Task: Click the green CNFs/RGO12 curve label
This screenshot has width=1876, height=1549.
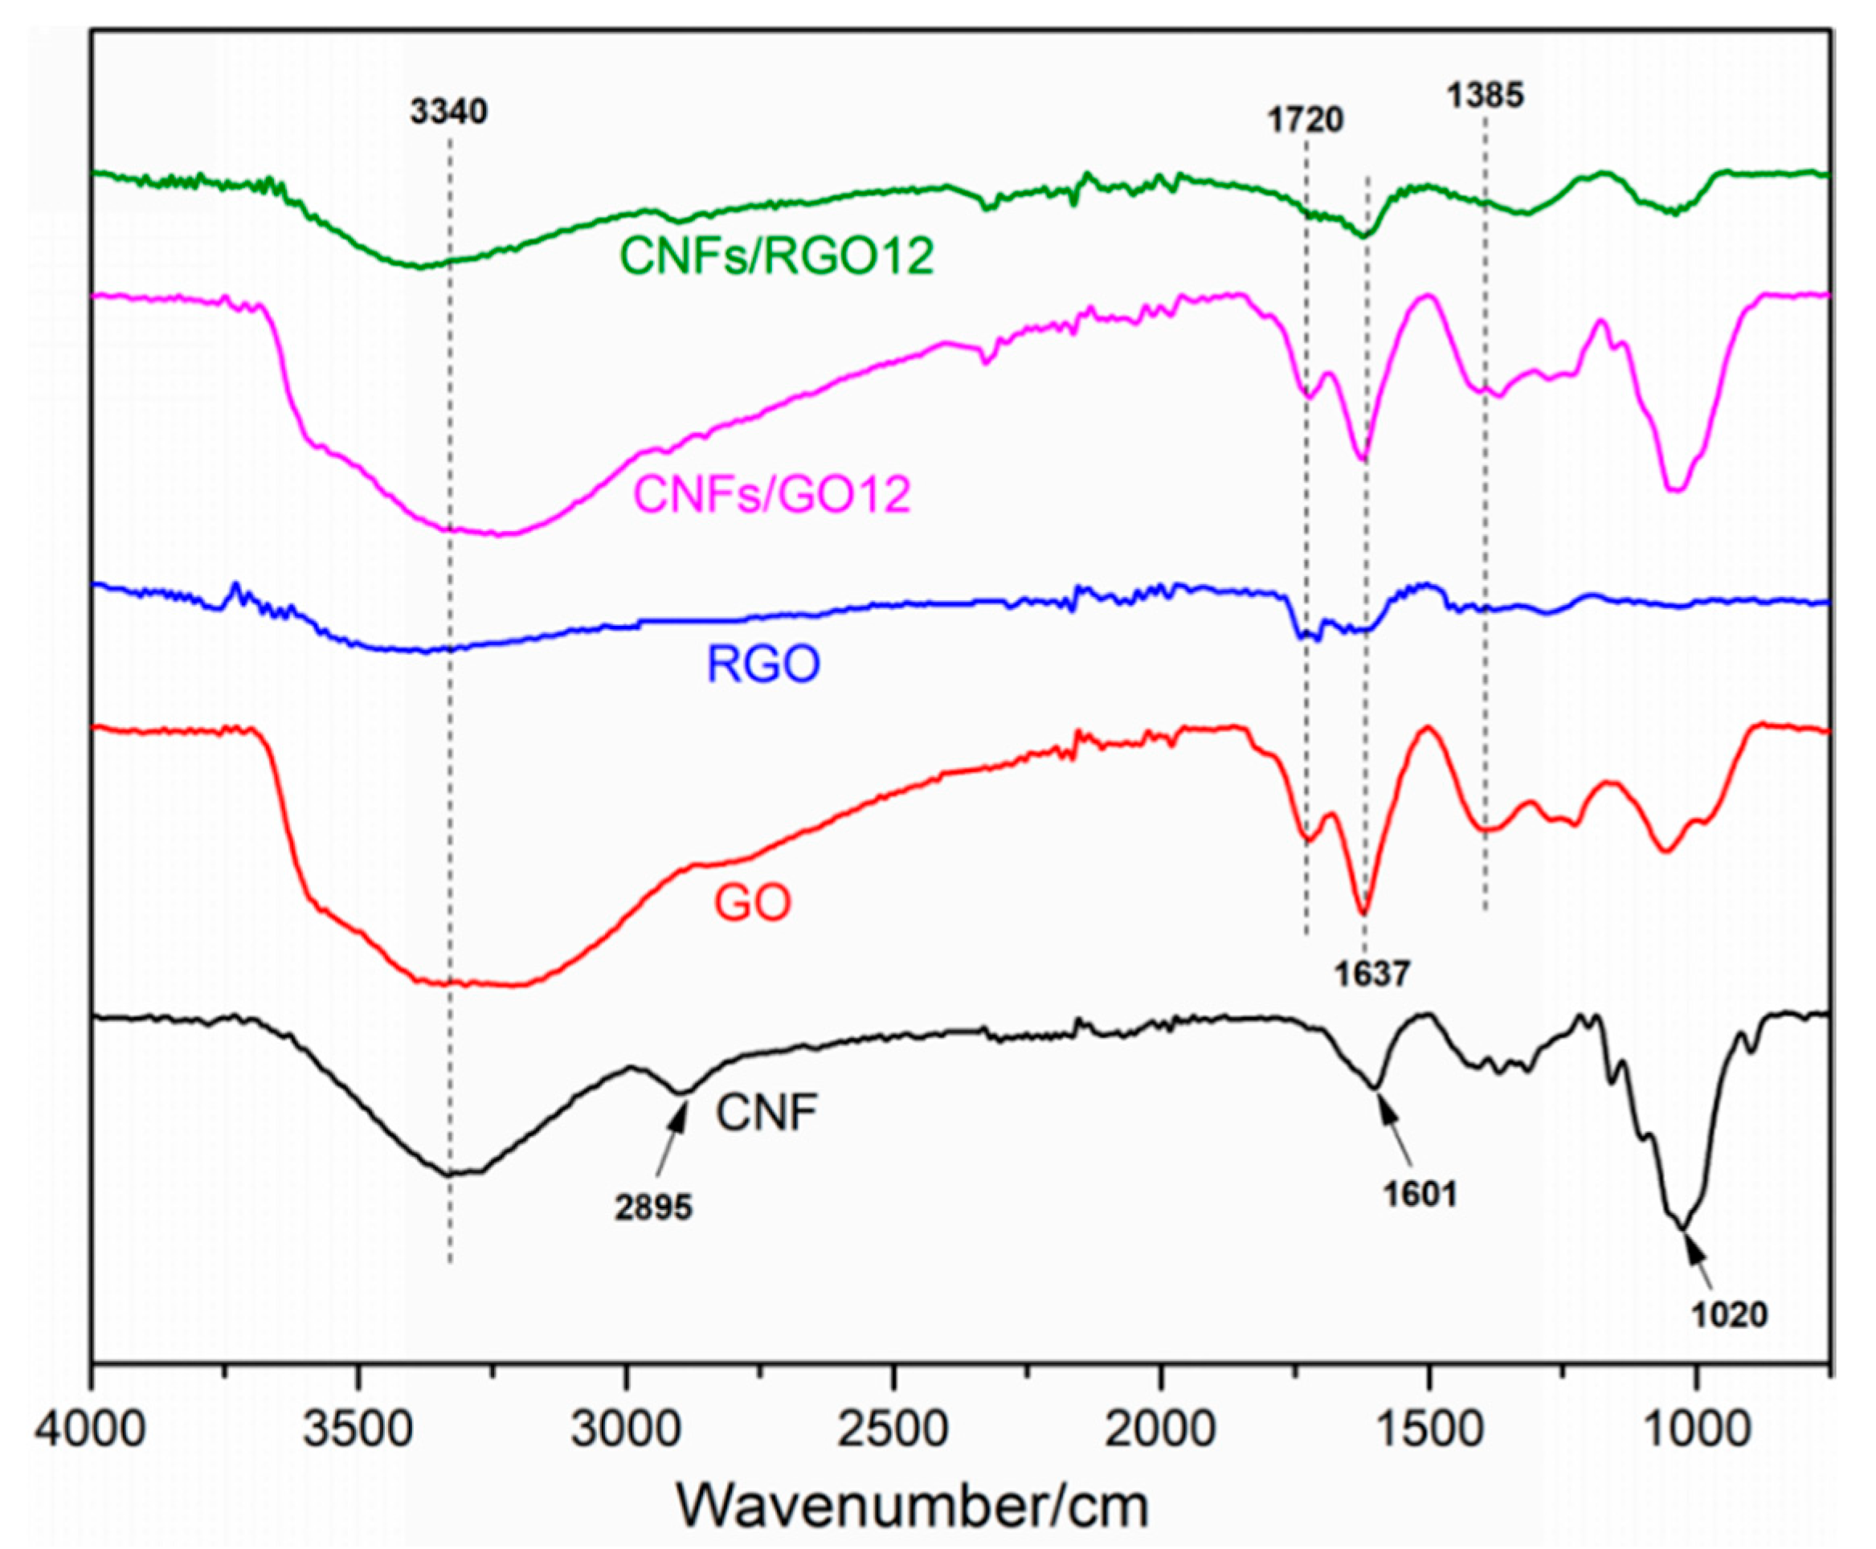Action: (x=776, y=256)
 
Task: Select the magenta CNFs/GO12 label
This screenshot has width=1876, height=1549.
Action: (x=771, y=493)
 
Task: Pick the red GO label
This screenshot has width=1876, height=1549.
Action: (x=752, y=903)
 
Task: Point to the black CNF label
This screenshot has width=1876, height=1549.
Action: (x=766, y=1114)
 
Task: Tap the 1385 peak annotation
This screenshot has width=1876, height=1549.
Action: (x=1486, y=96)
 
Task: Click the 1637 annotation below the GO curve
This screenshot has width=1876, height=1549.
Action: (x=1372, y=975)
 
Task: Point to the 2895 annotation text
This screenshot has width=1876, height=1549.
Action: (x=654, y=1208)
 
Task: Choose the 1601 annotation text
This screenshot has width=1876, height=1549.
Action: (x=1420, y=1194)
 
